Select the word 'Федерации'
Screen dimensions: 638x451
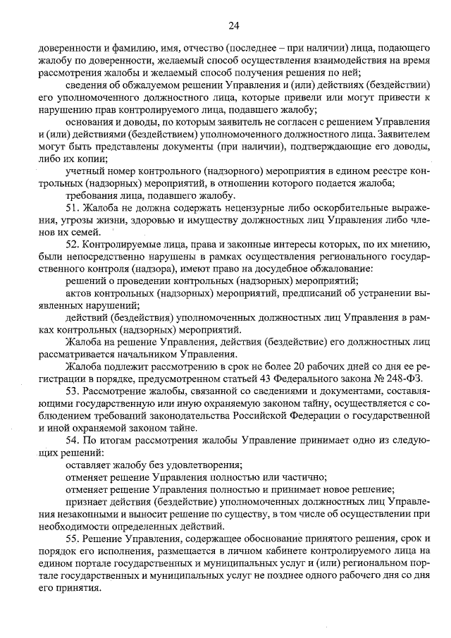coord(290,415)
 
